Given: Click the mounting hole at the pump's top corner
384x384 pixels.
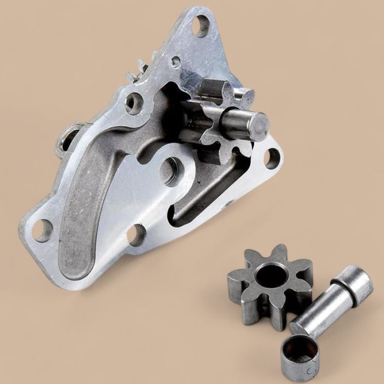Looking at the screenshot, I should [202, 25].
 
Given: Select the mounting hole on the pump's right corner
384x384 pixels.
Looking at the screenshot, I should [272, 158].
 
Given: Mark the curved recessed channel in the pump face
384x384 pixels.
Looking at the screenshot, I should [91, 208].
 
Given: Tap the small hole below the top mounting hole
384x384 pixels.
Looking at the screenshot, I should [176, 61].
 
